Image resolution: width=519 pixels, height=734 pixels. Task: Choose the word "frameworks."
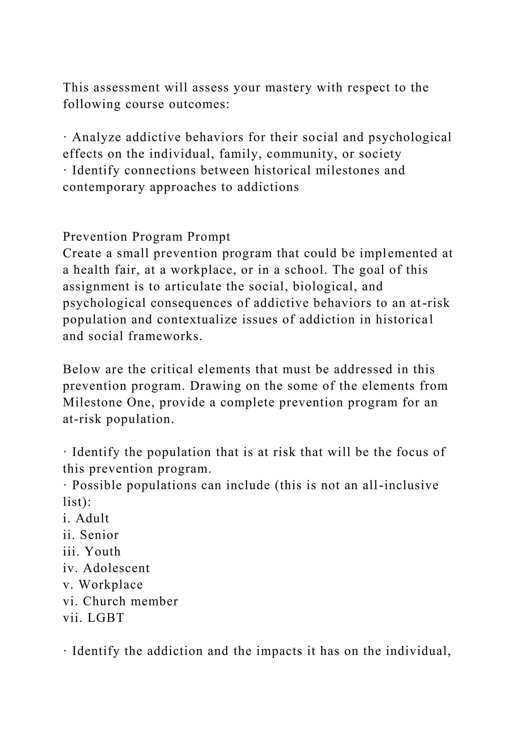tap(165, 336)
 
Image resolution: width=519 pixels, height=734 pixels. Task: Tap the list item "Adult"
tap(92, 518)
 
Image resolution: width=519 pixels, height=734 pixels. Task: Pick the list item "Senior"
tap(99, 535)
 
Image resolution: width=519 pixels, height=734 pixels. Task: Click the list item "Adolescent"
tap(116, 568)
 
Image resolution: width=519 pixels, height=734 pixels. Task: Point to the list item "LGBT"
tap(105, 618)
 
